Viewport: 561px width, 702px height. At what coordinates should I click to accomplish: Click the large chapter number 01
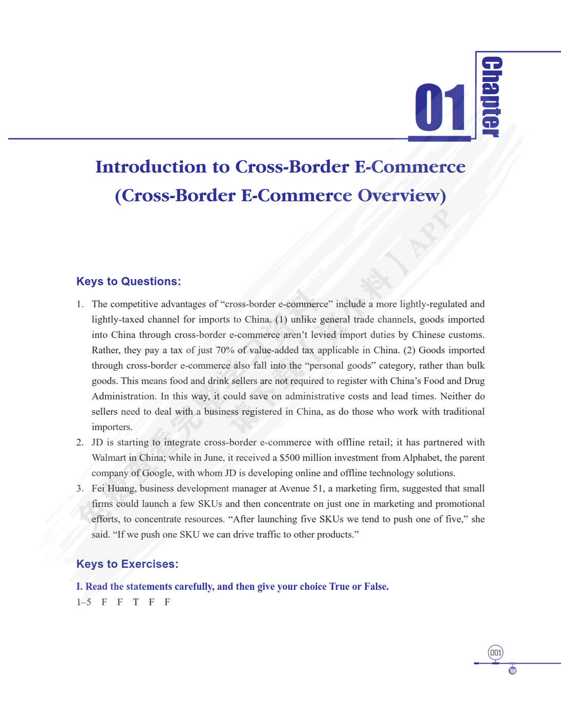(x=440, y=108)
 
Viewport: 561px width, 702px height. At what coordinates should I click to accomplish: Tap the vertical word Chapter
(x=491, y=97)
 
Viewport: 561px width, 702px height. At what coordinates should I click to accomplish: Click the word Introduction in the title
(x=151, y=167)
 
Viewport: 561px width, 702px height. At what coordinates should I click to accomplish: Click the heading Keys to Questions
(x=129, y=282)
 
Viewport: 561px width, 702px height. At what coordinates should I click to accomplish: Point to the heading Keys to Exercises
(x=128, y=564)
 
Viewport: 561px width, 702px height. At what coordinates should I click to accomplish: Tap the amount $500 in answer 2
(x=289, y=458)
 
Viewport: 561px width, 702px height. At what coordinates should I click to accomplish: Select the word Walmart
(x=109, y=458)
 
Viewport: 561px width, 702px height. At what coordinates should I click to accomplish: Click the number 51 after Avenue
(x=318, y=488)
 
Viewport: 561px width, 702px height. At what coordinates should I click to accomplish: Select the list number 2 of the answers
(x=80, y=442)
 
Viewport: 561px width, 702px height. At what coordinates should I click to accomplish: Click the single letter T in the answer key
(x=136, y=602)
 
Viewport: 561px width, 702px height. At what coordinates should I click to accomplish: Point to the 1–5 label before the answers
(x=84, y=602)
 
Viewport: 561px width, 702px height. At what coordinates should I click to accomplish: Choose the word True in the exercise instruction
(x=339, y=587)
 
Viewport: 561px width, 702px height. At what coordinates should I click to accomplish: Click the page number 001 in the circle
(x=495, y=653)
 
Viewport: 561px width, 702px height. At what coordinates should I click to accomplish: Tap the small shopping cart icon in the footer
(x=512, y=670)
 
